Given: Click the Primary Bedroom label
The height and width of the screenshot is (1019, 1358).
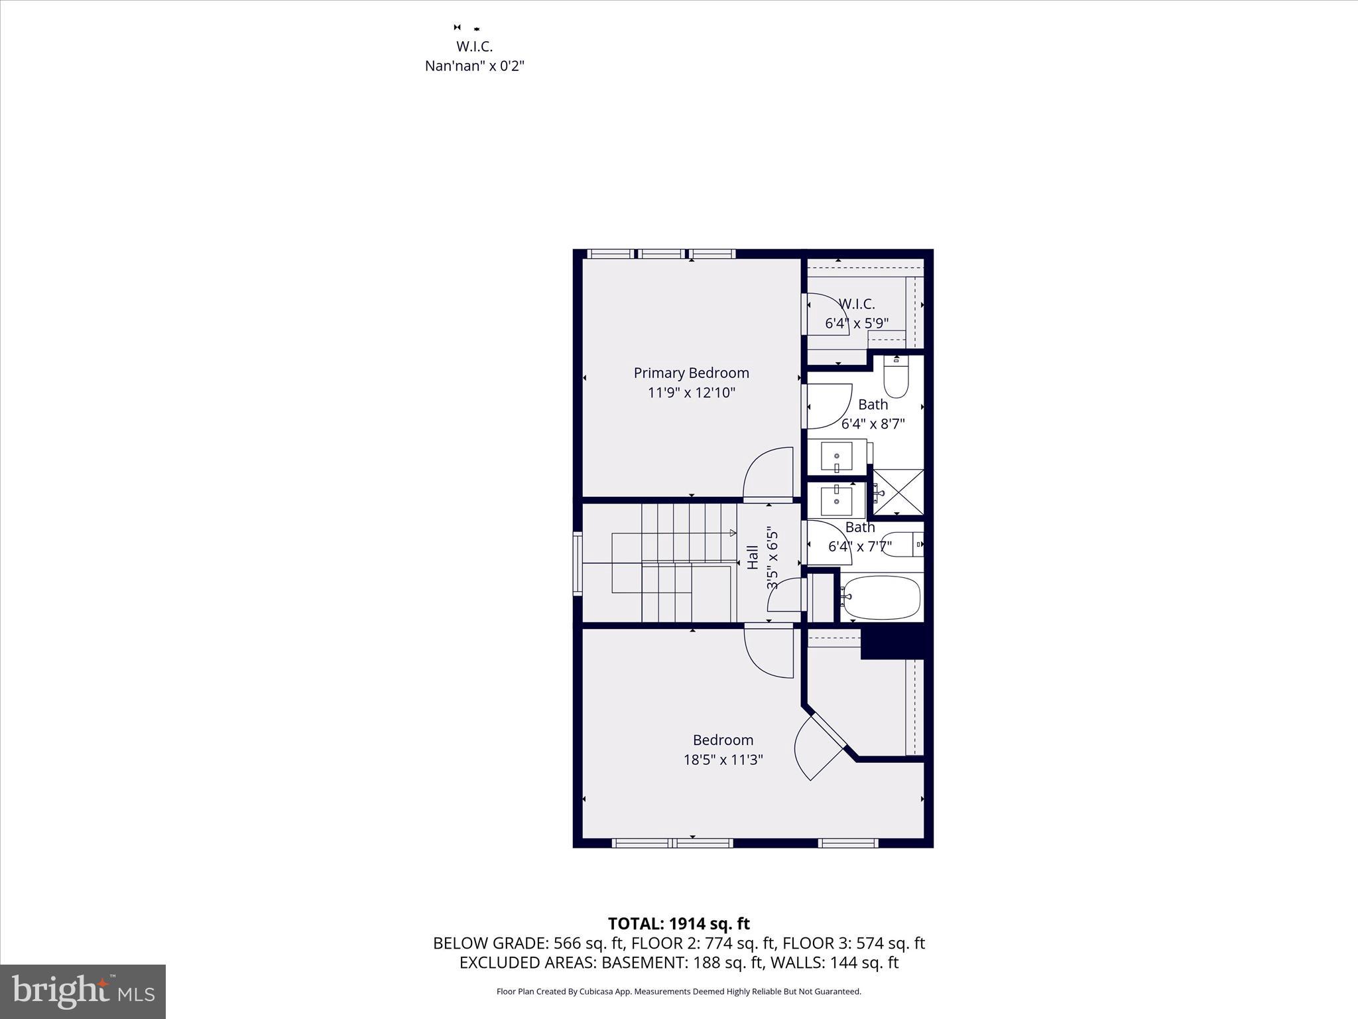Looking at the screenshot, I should point(691,373).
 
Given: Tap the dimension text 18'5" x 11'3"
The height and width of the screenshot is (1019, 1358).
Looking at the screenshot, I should point(723,760).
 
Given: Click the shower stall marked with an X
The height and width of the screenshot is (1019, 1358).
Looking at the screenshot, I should point(898,492).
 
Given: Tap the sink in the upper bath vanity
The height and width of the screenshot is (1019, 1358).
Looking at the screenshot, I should point(837,456).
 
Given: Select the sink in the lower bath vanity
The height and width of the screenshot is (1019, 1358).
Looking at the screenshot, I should point(837,500).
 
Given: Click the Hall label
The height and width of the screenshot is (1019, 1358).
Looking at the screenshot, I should point(753,557).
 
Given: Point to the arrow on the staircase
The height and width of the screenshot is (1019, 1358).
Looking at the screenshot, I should point(732,533).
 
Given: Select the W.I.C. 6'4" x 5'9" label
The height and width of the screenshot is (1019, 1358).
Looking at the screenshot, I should point(857,313).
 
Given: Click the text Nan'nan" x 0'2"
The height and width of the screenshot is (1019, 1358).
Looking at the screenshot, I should point(474,66).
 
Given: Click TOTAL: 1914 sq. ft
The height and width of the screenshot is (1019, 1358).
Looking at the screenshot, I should point(678,923).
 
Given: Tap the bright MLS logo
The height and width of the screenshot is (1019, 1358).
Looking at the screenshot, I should point(83,991).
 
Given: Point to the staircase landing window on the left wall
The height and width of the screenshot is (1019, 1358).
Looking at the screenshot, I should point(578,563).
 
